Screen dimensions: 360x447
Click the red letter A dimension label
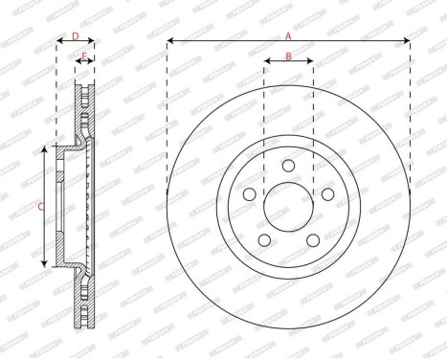288,35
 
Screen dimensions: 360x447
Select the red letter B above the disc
288,57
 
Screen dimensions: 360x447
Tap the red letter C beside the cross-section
39,206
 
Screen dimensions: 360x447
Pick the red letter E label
85,58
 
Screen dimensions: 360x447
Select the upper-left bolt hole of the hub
249,194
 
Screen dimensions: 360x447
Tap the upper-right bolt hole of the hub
327,194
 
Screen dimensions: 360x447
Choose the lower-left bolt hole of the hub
264,240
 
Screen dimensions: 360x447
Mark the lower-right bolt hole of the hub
312,240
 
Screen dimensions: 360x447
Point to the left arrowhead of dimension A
169,41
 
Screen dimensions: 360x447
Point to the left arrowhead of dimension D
58,43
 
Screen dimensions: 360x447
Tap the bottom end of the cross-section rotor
85,326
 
